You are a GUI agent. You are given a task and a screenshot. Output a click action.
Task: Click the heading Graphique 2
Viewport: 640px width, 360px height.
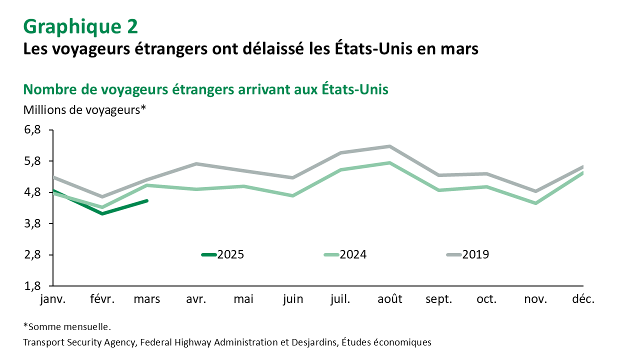(80, 26)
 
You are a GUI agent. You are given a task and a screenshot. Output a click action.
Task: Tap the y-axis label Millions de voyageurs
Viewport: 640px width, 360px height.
(84, 109)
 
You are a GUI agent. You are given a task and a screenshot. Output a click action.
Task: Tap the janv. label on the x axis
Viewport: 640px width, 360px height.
(52, 299)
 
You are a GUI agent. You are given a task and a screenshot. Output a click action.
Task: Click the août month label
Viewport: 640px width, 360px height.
(390, 299)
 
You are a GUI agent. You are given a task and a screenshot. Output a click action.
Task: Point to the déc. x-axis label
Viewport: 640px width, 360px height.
(583, 299)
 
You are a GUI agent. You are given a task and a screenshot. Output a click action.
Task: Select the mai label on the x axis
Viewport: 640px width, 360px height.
(244, 299)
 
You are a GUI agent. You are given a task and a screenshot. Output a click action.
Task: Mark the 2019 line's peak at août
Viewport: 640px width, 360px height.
(389, 146)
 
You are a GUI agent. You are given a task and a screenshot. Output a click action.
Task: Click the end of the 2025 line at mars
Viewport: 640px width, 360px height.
(147, 201)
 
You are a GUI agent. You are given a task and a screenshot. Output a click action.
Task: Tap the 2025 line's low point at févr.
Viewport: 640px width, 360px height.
(102, 213)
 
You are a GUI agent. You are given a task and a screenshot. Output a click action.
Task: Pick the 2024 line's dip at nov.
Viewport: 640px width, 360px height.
(535, 203)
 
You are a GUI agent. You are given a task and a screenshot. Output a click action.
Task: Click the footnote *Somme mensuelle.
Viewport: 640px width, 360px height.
(67, 327)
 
